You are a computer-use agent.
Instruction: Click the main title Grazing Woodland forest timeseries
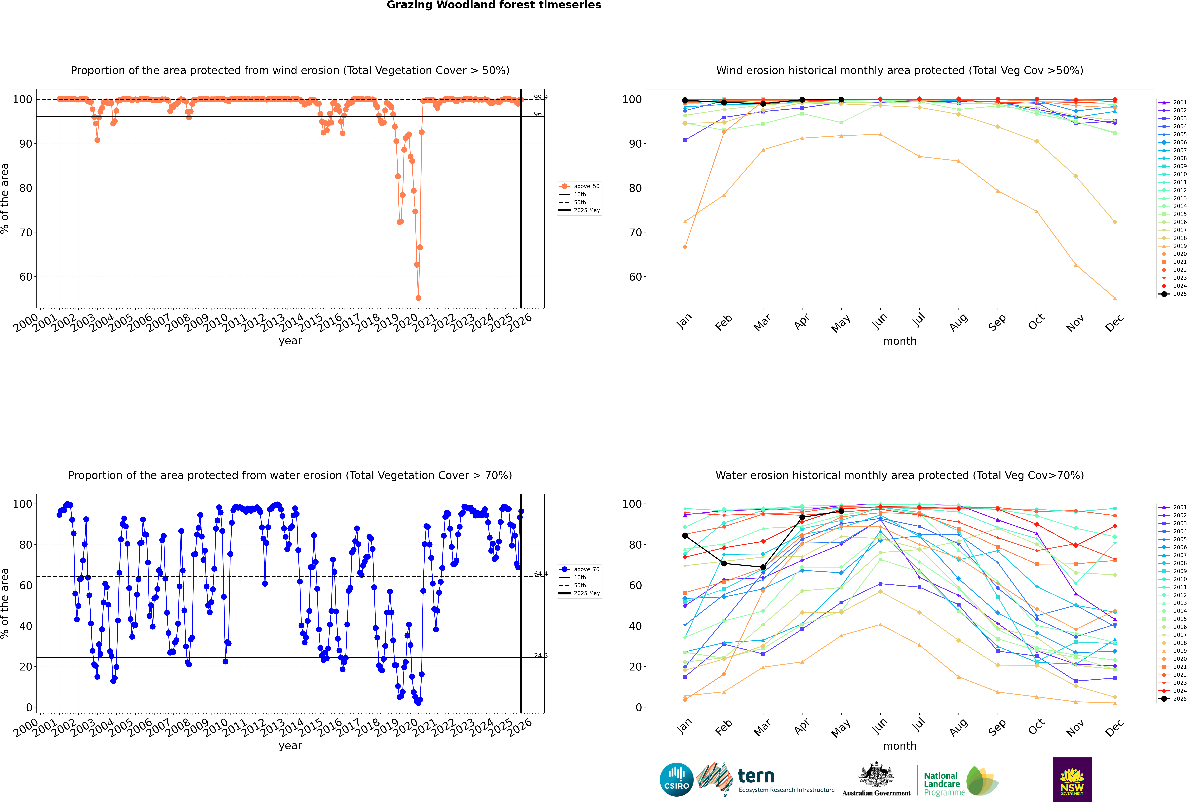coord(494,5)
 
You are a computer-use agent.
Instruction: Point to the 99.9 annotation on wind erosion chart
coord(540,97)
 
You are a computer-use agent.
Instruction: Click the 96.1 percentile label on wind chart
coord(540,114)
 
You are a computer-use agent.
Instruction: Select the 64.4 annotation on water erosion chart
coord(540,574)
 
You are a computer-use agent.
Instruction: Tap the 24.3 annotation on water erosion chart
coord(540,655)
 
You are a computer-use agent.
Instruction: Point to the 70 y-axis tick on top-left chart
coord(25,232)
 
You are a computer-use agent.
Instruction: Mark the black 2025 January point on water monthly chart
coord(685,536)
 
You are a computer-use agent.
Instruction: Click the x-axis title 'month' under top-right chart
coord(900,341)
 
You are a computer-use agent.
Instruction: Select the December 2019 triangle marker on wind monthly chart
coord(1115,298)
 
